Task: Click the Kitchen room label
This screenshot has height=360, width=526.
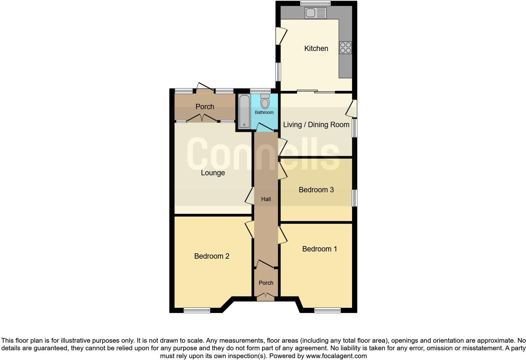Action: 316,48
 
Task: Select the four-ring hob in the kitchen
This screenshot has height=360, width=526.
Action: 345,48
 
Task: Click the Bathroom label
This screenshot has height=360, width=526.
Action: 264,112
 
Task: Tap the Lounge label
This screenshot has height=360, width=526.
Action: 213,173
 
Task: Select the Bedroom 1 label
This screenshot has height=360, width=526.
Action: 319,249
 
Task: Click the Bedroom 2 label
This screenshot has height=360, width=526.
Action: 211,256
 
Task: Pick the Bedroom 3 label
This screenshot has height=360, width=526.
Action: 316,190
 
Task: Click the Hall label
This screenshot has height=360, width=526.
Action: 266,199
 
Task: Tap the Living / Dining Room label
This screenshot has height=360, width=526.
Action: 316,125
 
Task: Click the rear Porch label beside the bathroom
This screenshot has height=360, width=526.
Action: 205,107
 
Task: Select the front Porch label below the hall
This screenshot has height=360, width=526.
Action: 266,283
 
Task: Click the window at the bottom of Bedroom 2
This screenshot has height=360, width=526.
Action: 197,310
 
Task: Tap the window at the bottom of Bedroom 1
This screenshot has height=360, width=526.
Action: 327,310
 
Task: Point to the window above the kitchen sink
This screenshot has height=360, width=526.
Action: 315,3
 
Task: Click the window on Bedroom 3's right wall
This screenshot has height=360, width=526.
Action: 355,198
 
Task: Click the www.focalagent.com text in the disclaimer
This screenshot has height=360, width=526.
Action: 336,356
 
